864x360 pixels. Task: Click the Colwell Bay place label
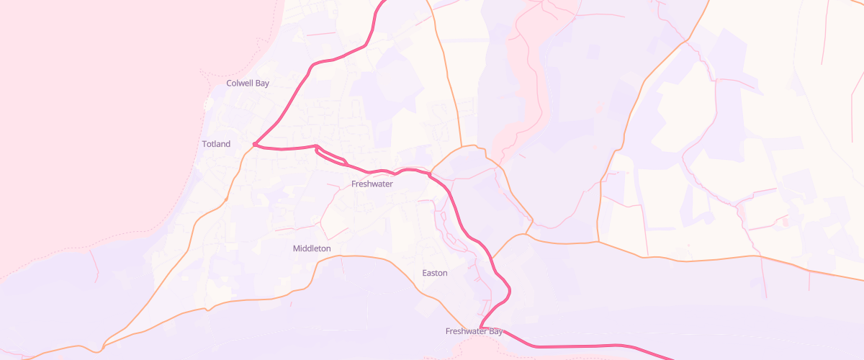click(x=248, y=84)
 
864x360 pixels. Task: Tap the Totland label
click(x=216, y=144)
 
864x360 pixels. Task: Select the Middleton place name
click(x=312, y=248)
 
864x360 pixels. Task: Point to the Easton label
click(x=434, y=273)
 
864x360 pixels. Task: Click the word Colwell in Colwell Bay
click(x=240, y=84)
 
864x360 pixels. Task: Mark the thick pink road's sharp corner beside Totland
click(x=256, y=145)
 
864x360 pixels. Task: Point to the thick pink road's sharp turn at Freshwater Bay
click(x=480, y=328)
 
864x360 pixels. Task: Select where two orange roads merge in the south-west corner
click(x=103, y=347)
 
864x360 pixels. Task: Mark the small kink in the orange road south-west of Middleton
click(x=207, y=310)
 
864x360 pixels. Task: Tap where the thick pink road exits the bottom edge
click(x=670, y=358)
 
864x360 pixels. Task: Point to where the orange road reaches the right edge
click(x=862, y=279)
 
